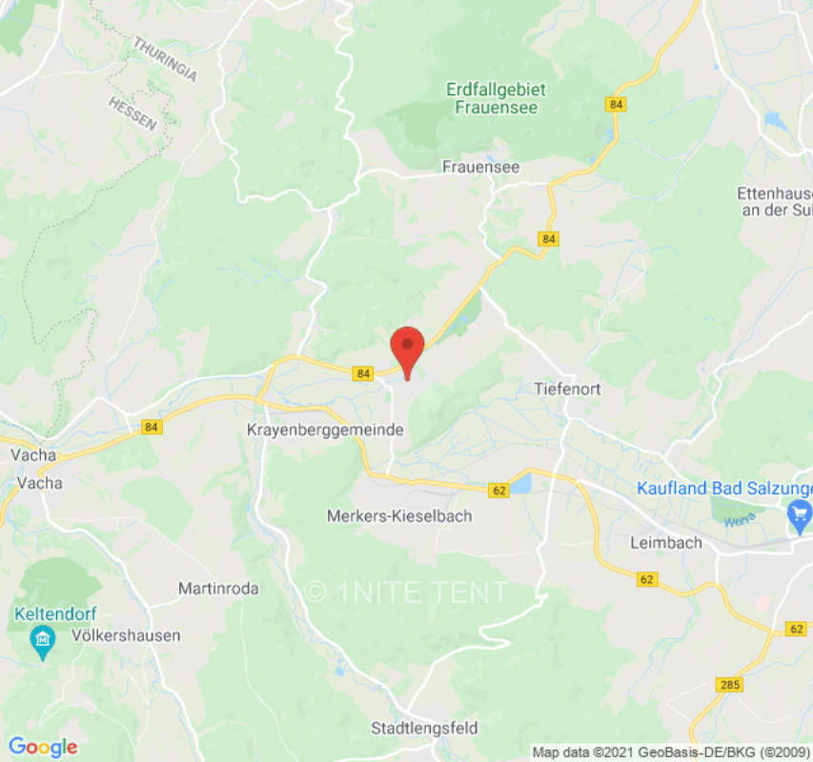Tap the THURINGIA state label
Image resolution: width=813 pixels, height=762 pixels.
165,59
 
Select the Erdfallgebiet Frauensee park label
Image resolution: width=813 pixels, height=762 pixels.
496,98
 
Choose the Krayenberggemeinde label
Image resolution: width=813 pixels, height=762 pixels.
325,431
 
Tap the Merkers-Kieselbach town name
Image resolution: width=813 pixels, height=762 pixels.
399,515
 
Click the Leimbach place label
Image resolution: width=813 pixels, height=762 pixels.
666,542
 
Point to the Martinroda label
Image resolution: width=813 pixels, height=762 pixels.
218,589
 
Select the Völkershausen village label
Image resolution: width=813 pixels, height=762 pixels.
124,635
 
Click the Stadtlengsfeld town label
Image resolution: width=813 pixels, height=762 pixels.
424,729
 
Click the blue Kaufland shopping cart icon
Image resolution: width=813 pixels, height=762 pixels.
797,518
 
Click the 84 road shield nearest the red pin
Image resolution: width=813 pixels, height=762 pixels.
361,374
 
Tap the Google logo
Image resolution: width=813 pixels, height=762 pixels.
42,747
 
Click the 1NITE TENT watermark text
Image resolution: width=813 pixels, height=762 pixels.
407,592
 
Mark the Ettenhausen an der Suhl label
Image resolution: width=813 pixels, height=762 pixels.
774,201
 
